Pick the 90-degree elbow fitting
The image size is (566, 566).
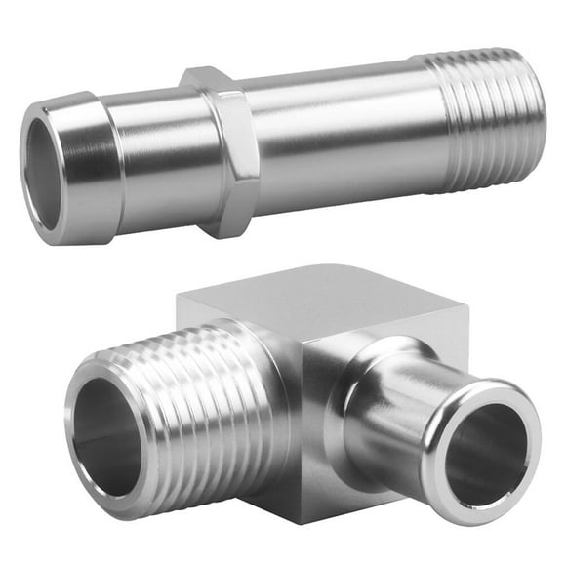click(303, 410)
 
